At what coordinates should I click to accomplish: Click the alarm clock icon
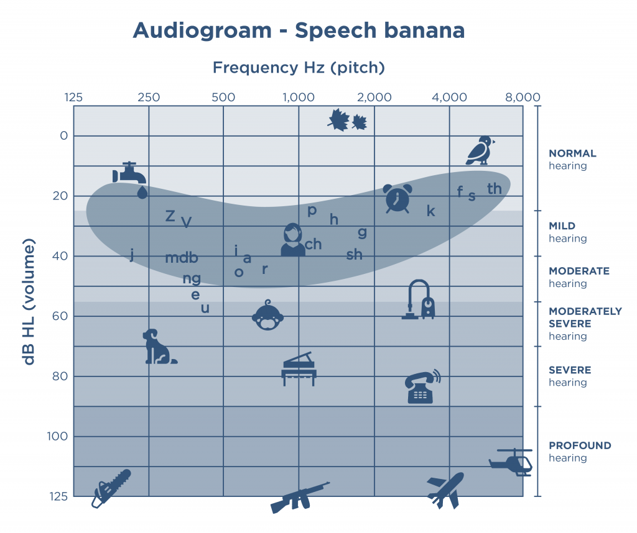[398, 198]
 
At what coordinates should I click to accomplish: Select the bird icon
[480, 150]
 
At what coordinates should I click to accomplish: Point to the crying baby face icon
[267, 315]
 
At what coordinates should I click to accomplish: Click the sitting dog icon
[159, 347]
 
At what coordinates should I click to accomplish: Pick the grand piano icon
[299, 369]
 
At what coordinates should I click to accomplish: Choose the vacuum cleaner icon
[419, 299]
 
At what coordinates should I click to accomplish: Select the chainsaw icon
[111, 488]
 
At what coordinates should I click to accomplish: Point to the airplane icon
[445, 490]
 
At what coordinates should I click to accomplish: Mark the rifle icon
[300, 498]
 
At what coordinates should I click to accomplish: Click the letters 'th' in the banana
[495, 189]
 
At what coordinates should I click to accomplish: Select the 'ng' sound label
[192, 279]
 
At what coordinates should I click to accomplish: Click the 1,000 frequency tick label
[299, 98]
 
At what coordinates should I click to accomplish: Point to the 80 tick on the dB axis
[60, 376]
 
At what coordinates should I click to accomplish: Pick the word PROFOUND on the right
[580, 445]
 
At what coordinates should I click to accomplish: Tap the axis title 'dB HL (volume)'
[29, 301]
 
